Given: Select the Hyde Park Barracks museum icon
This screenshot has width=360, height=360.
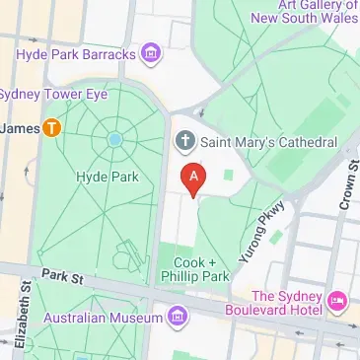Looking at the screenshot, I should click(x=151, y=53).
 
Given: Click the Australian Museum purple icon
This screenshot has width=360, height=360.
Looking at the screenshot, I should click(x=178, y=318).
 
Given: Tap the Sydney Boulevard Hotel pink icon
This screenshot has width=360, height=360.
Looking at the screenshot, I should click(x=335, y=298).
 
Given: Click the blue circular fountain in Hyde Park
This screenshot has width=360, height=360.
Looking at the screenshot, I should click(x=115, y=140).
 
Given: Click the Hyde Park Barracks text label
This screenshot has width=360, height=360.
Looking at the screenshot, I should click(x=75, y=53).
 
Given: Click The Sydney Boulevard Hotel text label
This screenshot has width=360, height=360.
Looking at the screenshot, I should click(x=288, y=304).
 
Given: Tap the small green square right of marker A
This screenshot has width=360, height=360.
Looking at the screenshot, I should click(x=229, y=176).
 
